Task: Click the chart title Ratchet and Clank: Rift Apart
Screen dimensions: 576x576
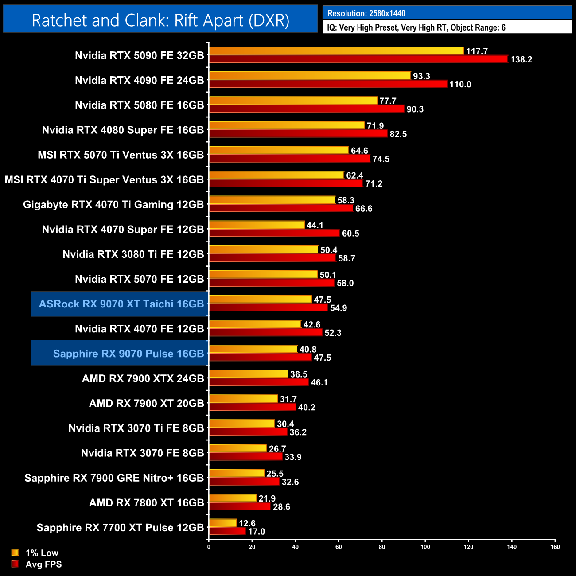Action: [160, 20]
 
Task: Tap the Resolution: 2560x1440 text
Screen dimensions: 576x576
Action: [366, 13]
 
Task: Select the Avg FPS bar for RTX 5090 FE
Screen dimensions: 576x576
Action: [358, 59]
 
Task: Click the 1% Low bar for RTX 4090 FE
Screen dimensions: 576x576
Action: [310, 76]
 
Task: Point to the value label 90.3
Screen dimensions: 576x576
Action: [415, 109]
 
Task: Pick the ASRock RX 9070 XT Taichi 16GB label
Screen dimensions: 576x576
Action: [121, 304]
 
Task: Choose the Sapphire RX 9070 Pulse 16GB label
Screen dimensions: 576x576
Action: [128, 354]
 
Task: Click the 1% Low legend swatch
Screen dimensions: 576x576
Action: [15, 552]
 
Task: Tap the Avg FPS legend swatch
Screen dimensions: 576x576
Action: [15, 564]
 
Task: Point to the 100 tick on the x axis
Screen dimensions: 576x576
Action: [425, 546]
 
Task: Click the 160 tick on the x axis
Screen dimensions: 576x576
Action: [555, 546]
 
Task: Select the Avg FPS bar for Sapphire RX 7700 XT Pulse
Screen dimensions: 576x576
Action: [227, 531]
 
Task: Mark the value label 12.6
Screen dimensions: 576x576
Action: [247, 523]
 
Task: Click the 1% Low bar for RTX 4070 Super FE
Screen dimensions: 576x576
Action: [257, 225]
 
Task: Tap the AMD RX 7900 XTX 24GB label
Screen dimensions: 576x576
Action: [143, 378]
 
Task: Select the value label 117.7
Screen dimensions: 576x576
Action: [477, 51]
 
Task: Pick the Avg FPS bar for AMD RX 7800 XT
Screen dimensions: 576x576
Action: [240, 506]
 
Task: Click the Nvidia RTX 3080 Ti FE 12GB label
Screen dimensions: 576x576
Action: [133, 254]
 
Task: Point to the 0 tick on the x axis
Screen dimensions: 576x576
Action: [209, 546]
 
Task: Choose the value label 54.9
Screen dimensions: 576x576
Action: [339, 308]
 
